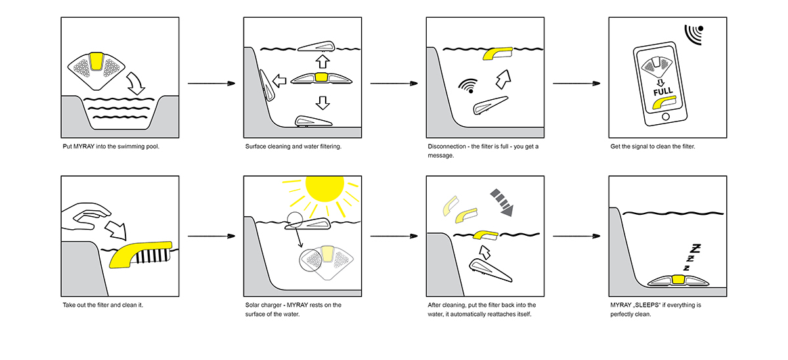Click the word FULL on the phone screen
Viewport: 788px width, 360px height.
tap(663, 93)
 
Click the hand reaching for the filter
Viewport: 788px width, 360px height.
tap(86, 217)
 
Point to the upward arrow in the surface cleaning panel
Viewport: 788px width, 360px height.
tap(321, 62)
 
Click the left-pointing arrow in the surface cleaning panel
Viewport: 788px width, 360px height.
tap(280, 80)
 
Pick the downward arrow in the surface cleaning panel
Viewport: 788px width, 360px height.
tap(321, 102)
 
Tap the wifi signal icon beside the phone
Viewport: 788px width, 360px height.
tap(694, 33)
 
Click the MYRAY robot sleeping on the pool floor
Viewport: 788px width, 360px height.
tap(676, 281)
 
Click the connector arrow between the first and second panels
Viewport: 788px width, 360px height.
tap(211, 84)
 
